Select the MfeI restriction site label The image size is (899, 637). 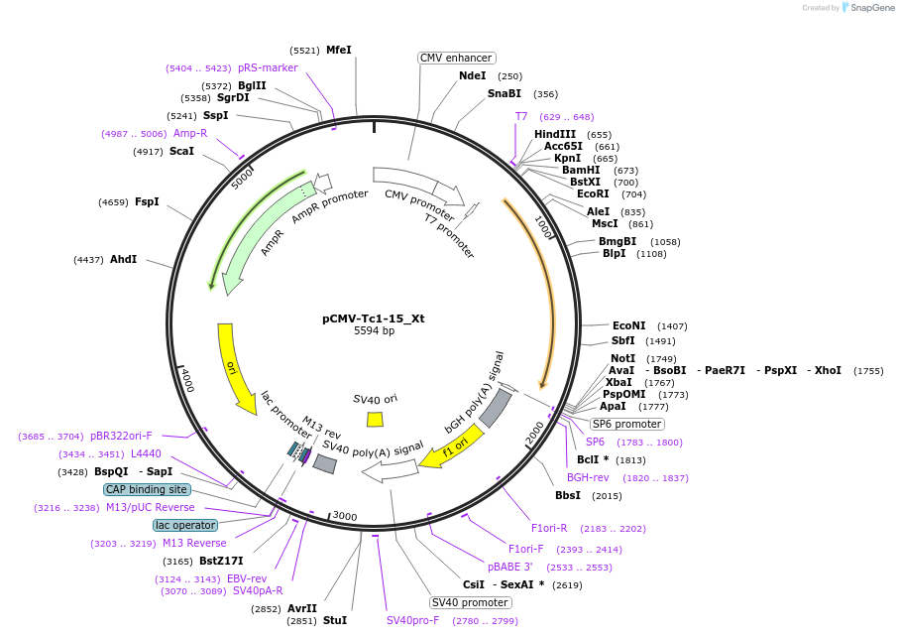(x=338, y=50)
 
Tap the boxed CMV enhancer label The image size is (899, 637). (x=456, y=58)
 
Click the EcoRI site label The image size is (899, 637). (x=593, y=193)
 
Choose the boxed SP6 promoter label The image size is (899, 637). (x=626, y=424)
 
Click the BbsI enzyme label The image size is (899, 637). (x=568, y=495)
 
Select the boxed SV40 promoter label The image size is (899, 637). (x=470, y=602)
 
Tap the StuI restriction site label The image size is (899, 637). (x=334, y=620)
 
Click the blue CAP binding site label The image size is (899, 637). (x=146, y=489)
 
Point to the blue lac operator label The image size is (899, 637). (x=184, y=525)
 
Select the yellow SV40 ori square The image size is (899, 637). (x=375, y=419)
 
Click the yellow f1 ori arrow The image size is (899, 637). (x=451, y=446)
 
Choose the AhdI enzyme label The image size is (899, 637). (x=123, y=259)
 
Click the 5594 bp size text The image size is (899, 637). (x=374, y=331)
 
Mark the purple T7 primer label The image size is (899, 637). (x=521, y=116)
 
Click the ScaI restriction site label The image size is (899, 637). (x=181, y=151)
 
